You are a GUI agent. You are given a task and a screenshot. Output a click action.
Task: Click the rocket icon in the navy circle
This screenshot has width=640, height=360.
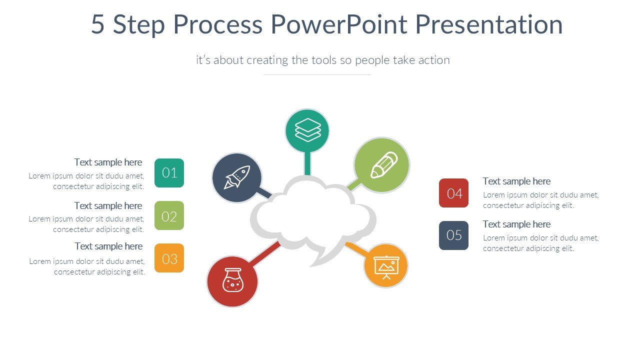pos(236,178)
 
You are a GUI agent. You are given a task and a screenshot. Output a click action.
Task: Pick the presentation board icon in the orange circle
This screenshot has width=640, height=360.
pos(386,265)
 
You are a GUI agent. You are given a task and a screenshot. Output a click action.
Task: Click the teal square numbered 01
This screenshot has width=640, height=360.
pos(169,173)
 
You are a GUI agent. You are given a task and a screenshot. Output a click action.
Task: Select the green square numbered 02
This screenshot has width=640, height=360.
pos(169,216)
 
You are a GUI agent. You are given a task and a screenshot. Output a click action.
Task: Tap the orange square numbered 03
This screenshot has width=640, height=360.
pos(169,258)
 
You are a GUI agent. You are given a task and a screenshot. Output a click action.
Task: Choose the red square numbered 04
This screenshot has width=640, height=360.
pos(454,193)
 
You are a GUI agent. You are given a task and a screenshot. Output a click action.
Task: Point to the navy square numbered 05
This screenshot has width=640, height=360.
pos(454,235)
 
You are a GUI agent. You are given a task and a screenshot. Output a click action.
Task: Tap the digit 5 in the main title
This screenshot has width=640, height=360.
pos(98,24)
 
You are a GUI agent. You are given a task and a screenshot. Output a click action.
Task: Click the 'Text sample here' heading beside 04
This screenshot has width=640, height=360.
pos(516,181)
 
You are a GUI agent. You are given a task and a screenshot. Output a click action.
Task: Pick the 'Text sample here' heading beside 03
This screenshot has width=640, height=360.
pos(108,246)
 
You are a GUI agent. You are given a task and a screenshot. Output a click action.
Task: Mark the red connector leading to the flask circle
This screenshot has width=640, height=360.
pos(264,253)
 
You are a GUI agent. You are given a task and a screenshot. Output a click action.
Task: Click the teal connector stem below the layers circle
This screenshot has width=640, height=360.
pos(307,164)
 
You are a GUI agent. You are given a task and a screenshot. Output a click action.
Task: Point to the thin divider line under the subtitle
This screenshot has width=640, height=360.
pos(317,75)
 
